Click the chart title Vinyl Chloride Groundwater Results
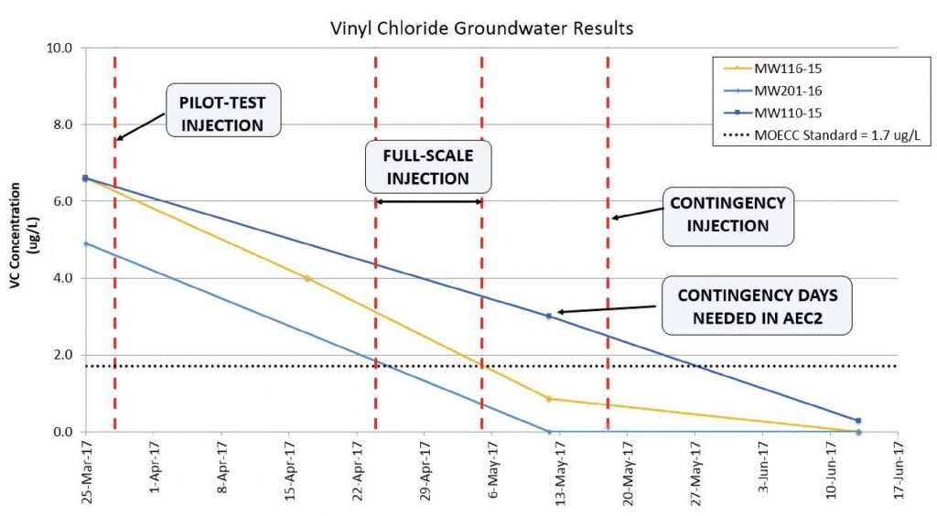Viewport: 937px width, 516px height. tap(481, 28)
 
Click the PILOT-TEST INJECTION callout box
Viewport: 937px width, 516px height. tap(223, 111)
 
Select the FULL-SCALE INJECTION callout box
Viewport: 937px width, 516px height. tap(427, 165)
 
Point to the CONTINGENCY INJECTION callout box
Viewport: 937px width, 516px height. tap(729, 212)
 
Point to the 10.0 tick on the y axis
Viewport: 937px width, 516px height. tap(61, 48)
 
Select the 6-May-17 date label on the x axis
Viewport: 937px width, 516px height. tap(493, 477)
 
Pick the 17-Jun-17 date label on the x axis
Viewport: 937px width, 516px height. tap(900, 477)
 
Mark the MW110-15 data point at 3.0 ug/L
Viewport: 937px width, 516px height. tap(549, 316)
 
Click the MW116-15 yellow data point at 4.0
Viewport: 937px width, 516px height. tap(307, 278)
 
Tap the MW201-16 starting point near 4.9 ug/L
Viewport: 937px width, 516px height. tap(85, 243)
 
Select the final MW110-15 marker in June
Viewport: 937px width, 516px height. tap(857, 421)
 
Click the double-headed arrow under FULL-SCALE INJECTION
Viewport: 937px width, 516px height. tap(428, 201)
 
